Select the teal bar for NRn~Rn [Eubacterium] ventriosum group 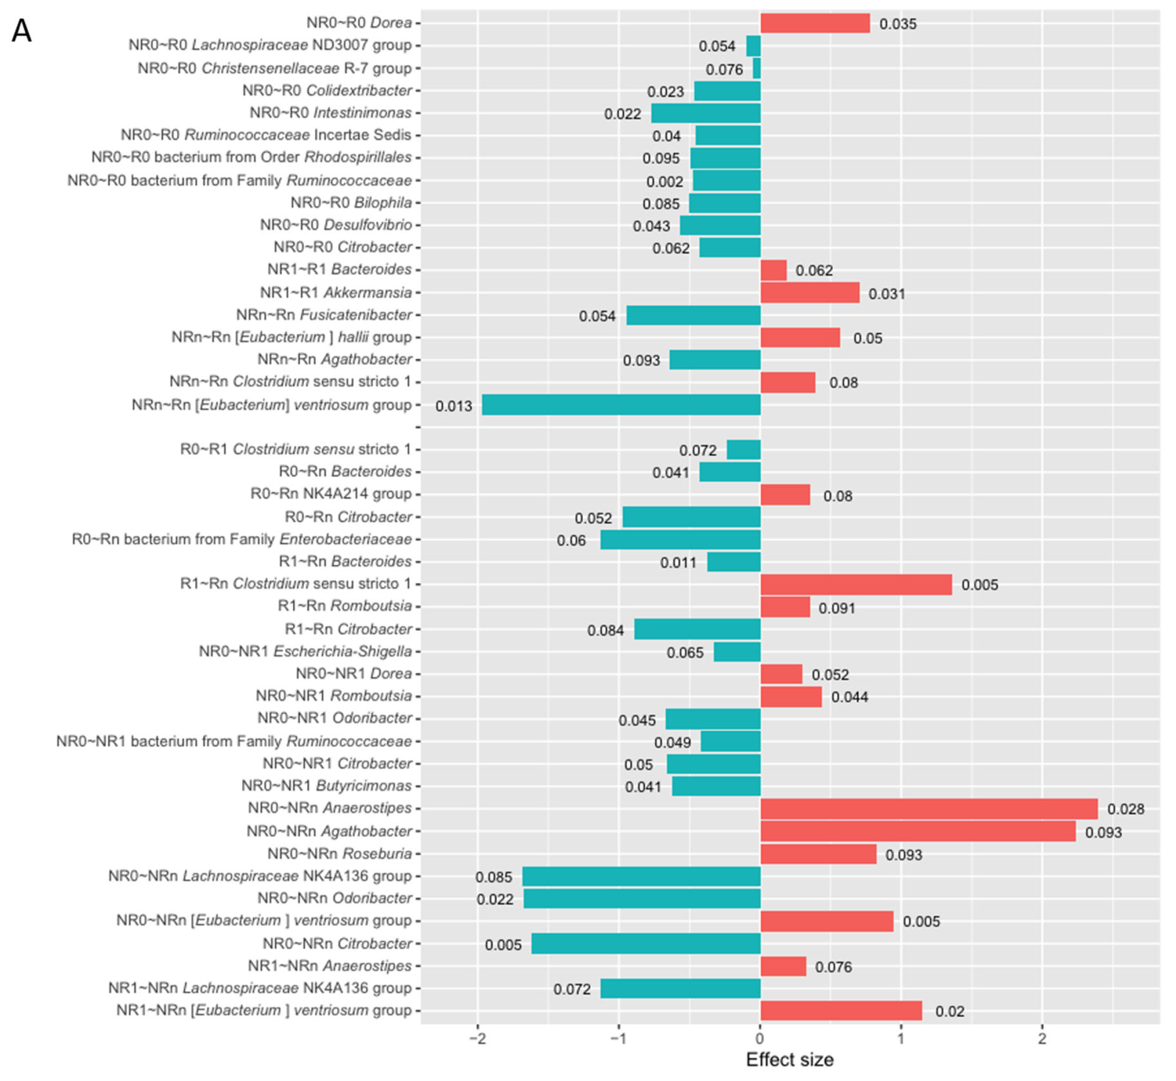pos(621,405)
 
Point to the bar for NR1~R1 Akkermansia pos(810,293)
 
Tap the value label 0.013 pos(454,406)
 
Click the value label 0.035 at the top pos(898,24)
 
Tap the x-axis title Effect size pos(790,1060)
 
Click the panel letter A pos(22,30)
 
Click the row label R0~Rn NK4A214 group pos(331,494)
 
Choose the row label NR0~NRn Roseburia pos(340,854)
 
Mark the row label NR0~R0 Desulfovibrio pos(335,225)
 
